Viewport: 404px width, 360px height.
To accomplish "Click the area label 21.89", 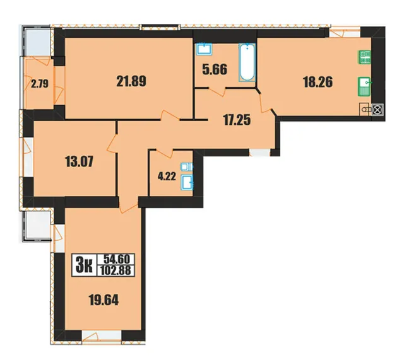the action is point(131,81).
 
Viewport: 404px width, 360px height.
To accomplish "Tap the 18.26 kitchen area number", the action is point(318,82).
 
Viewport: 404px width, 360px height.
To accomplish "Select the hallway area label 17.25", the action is point(237,120).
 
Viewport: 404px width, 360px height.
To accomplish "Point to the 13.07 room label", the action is point(79,161).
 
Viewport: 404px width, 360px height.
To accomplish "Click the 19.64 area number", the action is point(104,299).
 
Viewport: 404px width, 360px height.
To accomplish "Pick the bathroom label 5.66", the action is point(215,69).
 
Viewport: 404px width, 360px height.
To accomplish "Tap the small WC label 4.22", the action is point(167,177).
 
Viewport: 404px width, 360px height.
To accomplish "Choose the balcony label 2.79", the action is point(39,84).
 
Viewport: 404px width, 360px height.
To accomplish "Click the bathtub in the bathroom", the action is point(247,62).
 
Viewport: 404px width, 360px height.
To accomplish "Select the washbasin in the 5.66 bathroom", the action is point(204,49).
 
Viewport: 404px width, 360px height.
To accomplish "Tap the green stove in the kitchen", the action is point(365,57).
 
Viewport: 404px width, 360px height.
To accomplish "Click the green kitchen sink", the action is point(364,86).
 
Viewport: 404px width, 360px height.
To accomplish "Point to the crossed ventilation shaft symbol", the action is point(377,110).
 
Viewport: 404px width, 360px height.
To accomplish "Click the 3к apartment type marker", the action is point(84,265).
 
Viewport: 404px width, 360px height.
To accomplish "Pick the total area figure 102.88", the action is point(116,270).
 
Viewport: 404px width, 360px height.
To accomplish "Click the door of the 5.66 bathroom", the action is point(217,92).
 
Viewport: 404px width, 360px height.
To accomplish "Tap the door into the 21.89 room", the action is point(170,115).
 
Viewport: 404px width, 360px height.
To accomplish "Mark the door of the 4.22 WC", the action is point(165,153).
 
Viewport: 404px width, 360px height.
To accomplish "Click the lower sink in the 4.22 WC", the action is point(187,182).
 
